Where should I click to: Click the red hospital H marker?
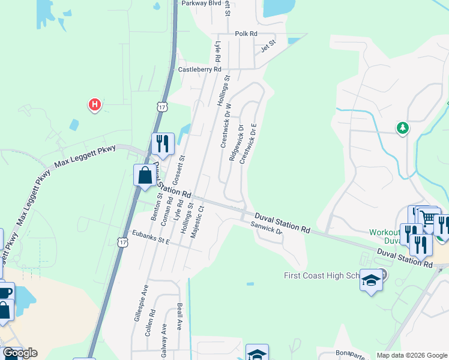click(x=94, y=105)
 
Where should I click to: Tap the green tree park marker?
click(x=403, y=128)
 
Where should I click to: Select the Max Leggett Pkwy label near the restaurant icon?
click(x=85, y=155)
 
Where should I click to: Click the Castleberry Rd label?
click(x=200, y=70)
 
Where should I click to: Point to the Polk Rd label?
click(x=246, y=34)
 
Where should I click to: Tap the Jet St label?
click(x=268, y=43)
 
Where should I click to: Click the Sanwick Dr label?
click(x=267, y=229)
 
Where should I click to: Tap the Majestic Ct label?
click(x=197, y=223)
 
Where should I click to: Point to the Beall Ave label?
click(x=179, y=317)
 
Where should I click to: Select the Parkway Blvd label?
click(x=202, y=3)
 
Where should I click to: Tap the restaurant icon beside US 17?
click(x=162, y=143)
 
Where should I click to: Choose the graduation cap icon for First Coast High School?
click(x=371, y=281)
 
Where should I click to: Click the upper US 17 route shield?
click(x=161, y=106)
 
